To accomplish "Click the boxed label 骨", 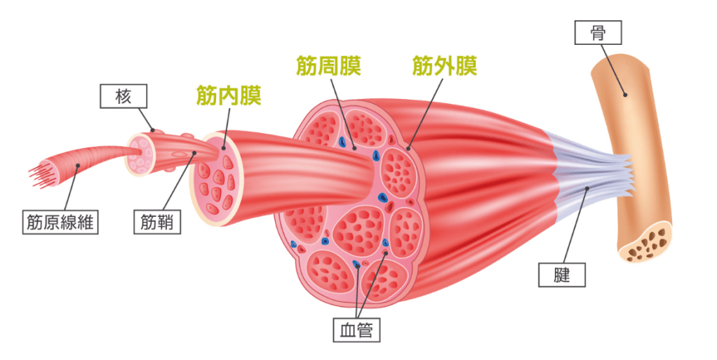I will [598, 32].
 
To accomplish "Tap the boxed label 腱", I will [561, 274].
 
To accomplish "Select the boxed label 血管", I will [356, 329].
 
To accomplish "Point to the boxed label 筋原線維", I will [60, 223].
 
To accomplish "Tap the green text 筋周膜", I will [329, 67].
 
